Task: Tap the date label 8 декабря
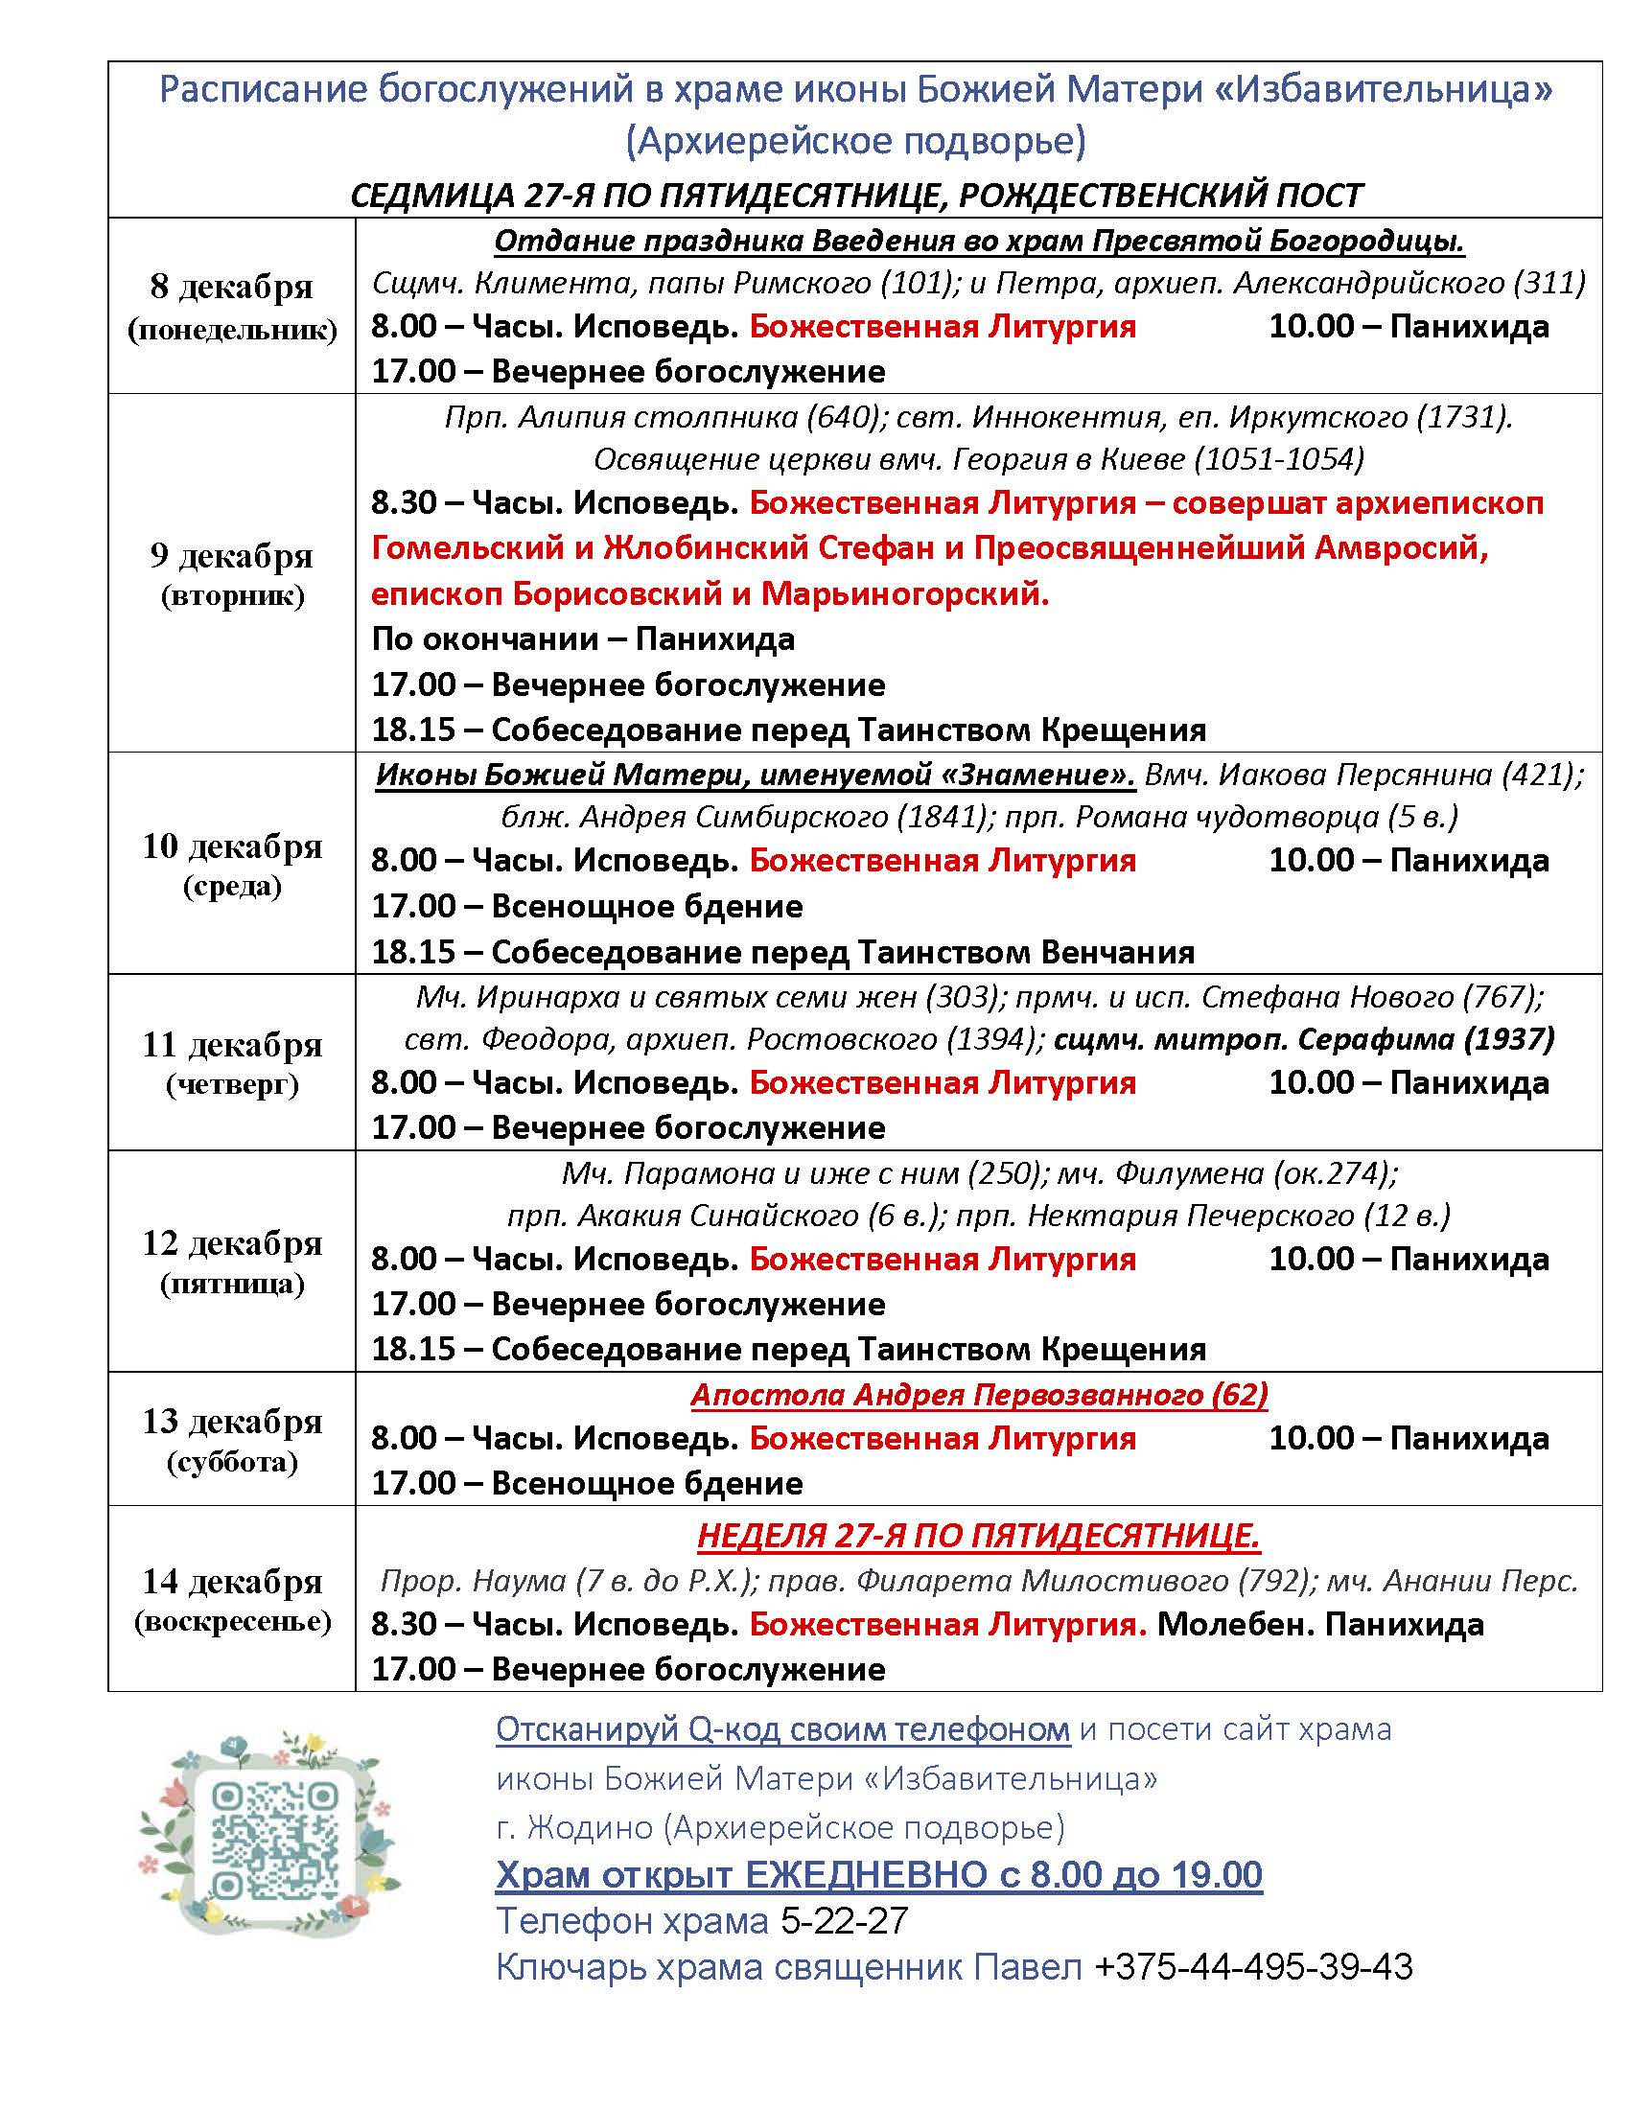pyautogui.click(x=232, y=287)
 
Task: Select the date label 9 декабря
pyautogui.click(x=232, y=556)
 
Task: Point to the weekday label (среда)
pyautogui.click(x=232, y=887)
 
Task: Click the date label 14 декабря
pyautogui.click(x=232, y=1582)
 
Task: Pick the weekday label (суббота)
pyautogui.click(x=232, y=1462)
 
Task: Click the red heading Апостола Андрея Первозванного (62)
pyautogui.click(x=978, y=1395)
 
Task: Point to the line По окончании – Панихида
pyautogui.click(x=583, y=639)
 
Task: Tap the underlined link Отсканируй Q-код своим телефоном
pyautogui.click(x=782, y=1729)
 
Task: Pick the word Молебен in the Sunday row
pyautogui.click(x=1229, y=1624)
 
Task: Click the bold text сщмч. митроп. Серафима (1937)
pyautogui.click(x=1304, y=1039)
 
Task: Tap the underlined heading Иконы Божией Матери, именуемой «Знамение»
pyautogui.click(x=756, y=775)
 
